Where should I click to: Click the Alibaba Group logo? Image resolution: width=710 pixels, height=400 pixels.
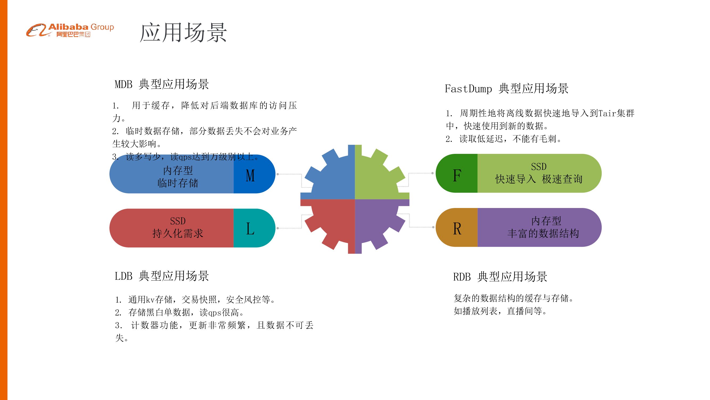coord(70,30)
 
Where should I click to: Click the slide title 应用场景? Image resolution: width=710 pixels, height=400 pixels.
coord(183,33)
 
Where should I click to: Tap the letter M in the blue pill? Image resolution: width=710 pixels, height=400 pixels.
coord(250,175)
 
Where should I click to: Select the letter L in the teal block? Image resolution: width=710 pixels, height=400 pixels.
coord(250,229)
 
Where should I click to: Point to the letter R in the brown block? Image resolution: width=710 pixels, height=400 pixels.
coord(457,229)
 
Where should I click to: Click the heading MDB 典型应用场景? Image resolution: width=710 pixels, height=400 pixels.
coord(162,84)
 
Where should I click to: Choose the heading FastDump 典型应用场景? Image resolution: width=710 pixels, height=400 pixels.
coord(507,89)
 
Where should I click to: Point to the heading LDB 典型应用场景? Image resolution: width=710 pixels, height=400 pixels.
coord(162,276)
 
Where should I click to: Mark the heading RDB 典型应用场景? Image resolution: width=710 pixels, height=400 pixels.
coord(500,277)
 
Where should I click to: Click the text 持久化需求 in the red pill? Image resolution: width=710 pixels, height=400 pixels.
coord(178,234)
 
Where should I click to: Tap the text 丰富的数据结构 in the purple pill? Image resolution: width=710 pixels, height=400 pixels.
coord(543,234)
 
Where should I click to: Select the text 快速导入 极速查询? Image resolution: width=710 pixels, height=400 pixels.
coord(539,179)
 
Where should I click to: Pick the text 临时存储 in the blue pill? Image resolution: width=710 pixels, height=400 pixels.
coord(178,183)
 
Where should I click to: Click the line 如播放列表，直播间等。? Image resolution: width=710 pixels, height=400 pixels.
coord(500,311)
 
